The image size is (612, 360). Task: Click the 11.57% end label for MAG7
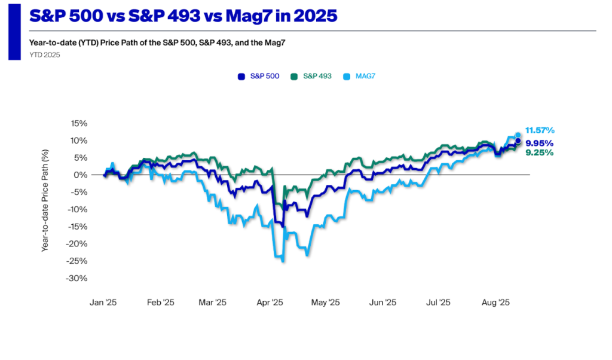540,130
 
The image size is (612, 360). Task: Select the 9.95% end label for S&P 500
539,143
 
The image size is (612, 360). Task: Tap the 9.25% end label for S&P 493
539,152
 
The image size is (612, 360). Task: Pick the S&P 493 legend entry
312,76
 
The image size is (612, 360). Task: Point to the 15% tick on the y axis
79,124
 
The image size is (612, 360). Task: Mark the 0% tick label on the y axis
81,175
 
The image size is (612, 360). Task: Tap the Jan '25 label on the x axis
103,303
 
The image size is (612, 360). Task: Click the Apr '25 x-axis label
270,303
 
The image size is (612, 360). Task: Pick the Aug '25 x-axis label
495,303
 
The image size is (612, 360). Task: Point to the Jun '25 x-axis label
382,303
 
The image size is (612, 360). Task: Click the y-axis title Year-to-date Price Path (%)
45,201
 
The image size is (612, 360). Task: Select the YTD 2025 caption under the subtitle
44,55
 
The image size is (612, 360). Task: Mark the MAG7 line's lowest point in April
283,261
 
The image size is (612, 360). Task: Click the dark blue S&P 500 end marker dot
518,141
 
